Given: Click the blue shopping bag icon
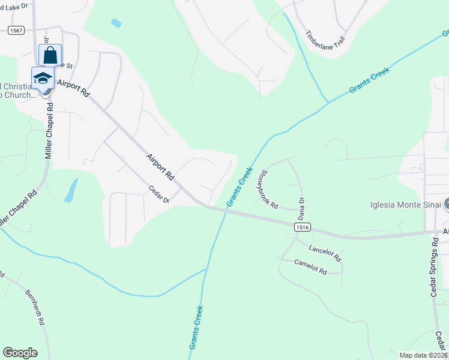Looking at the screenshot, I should [x=50, y=55].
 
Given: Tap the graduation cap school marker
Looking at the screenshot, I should [x=43, y=78].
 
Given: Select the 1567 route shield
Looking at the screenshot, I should [x=16, y=30].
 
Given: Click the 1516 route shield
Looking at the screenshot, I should [x=303, y=227].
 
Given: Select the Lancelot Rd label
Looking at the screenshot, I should [x=325, y=253].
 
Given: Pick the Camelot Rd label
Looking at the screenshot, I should [x=310, y=267].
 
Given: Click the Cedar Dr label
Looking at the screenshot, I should [x=160, y=195].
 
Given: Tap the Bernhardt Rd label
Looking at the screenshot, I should [x=35, y=307].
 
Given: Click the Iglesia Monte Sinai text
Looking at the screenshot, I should [x=405, y=205].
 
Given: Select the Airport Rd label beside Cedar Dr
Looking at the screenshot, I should [x=160, y=167].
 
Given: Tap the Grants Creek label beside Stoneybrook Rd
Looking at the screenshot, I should [x=239, y=188].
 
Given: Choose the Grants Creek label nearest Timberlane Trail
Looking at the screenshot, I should [x=369, y=80].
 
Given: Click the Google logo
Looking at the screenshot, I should [x=20, y=353].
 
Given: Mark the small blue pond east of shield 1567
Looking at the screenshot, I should [x=116, y=23].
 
